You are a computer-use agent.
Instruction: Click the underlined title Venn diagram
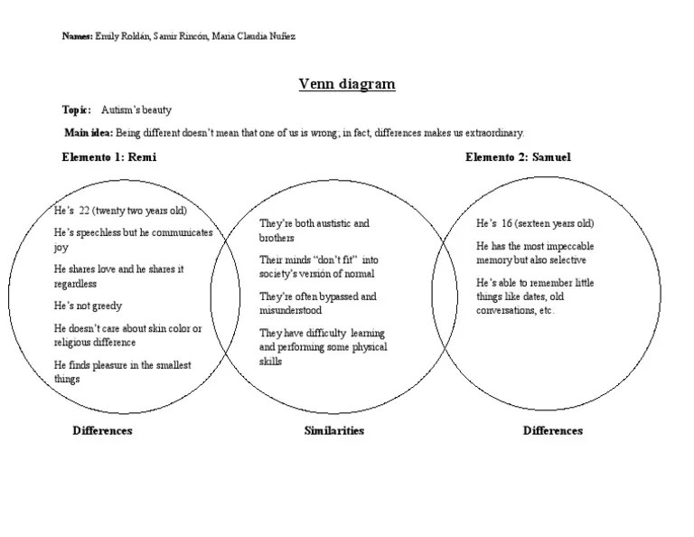click(347, 85)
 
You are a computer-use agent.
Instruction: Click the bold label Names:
click(77, 36)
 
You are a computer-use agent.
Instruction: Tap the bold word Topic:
click(76, 110)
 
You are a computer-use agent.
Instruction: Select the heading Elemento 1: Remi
click(108, 157)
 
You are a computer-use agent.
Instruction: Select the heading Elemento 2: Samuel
click(518, 157)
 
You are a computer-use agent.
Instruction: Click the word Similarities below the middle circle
click(333, 431)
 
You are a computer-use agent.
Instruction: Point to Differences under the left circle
click(102, 431)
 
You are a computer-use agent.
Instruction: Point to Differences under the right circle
click(552, 431)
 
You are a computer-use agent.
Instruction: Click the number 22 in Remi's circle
click(86, 211)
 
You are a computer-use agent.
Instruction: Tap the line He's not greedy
click(88, 306)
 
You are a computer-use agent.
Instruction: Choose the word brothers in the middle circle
click(277, 238)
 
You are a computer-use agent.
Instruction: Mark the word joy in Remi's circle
click(61, 247)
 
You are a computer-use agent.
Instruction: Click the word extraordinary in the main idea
click(493, 133)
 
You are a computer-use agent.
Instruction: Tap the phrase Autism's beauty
click(136, 110)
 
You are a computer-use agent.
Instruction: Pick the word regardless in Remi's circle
click(76, 284)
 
